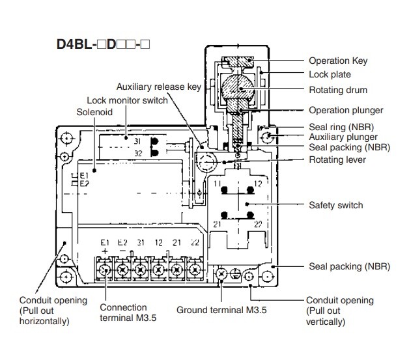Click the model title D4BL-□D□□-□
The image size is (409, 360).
coord(104,47)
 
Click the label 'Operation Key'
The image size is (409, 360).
coord(338,61)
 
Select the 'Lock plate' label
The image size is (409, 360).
coord(330,75)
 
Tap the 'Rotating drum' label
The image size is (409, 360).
coord(337,90)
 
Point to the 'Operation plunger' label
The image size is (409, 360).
coord(346,110)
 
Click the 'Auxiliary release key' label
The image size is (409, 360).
coord(159,87)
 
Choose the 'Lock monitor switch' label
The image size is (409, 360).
coord(127,100)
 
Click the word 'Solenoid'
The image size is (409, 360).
coord(94,113)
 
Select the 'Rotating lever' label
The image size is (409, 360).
coord(338,159)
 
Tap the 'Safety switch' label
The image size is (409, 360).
coord(335,205)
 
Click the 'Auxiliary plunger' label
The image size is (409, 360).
coord(343,137)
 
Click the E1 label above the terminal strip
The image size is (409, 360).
coord(104,243)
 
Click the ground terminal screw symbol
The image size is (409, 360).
coord(223,275)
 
